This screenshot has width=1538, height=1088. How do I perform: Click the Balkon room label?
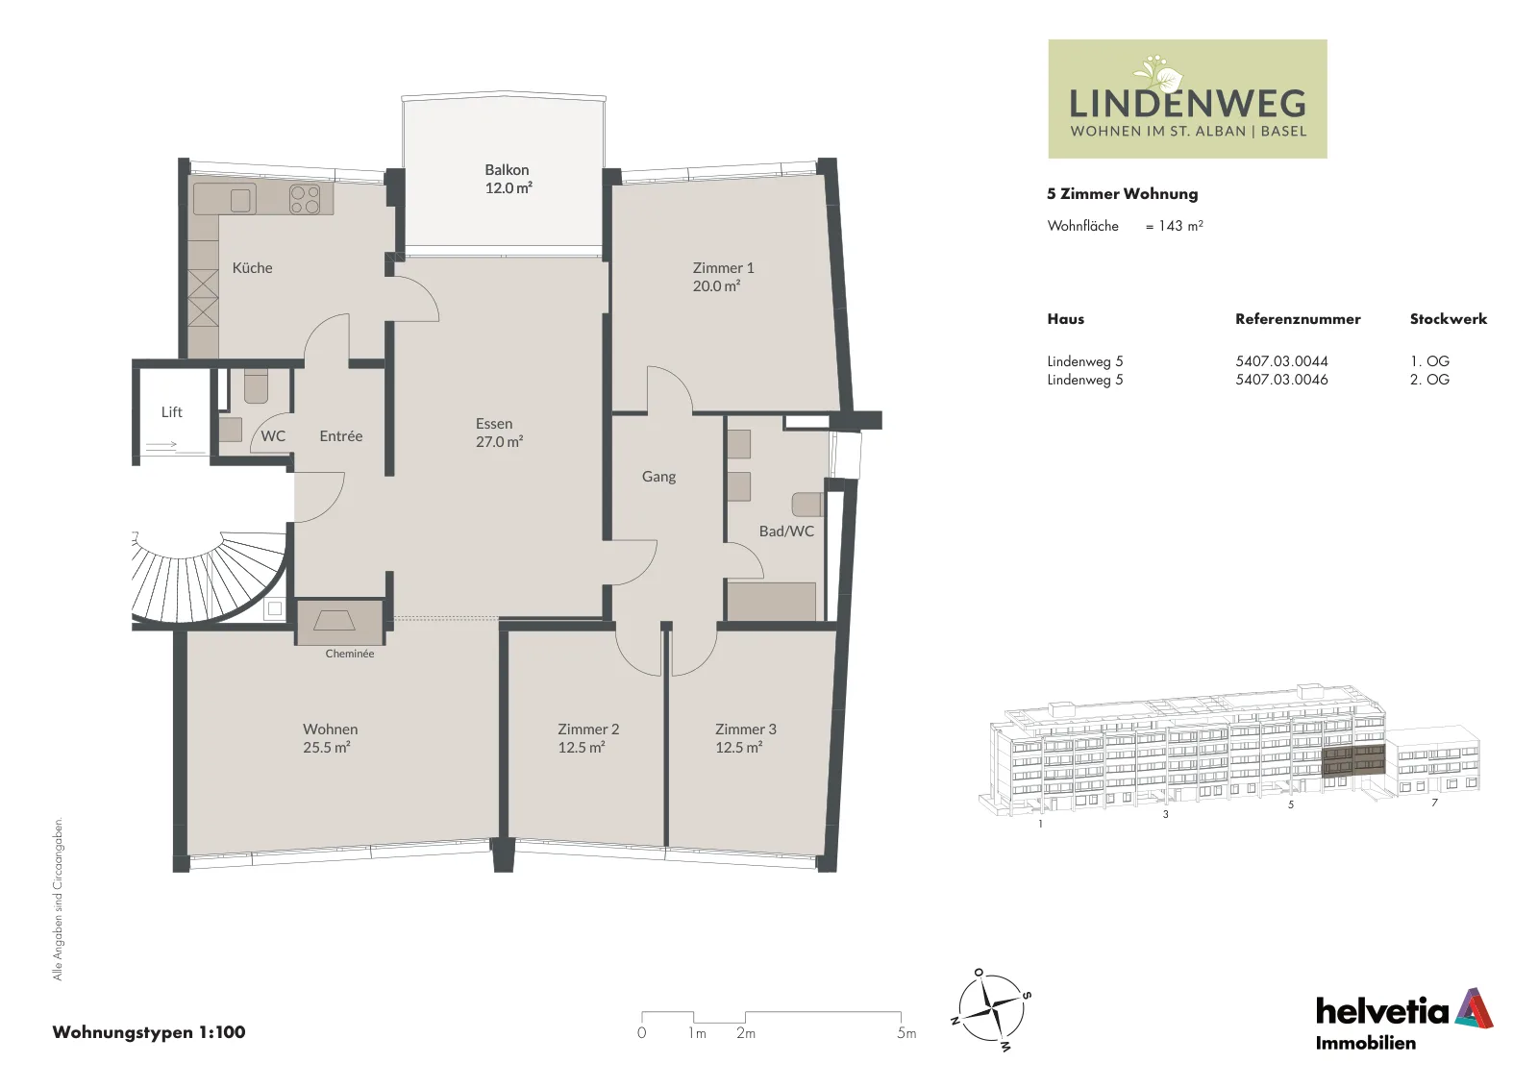(x=507, y=169)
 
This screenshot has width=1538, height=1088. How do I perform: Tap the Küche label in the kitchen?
(x=252, y=268)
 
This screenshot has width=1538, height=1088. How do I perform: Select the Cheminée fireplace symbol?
(x=335, y=621)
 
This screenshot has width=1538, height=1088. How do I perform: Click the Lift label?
(x=172, y=412)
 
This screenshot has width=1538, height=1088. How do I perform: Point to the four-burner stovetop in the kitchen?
(x=305, y=199)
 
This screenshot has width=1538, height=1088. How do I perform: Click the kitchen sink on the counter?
(x=240, y=201)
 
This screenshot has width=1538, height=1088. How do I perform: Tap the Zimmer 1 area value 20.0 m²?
(x=716, y=286)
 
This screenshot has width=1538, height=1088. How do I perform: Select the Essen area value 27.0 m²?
(x=499, y=442)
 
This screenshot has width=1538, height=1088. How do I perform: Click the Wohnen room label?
(x=331, y=729)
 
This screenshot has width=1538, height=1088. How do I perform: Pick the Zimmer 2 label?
(x=588, y=729)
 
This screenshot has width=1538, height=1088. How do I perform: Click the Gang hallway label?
(x=658, y=477)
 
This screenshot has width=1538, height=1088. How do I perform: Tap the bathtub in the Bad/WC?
(x=772, y=602)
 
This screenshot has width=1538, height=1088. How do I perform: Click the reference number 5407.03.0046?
(x=1281, y=380)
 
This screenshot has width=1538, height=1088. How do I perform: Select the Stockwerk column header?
(x=1448, y=318)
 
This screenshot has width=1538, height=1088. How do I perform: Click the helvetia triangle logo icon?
(x=1474, y=1008)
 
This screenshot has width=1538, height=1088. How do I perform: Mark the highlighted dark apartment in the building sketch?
(x=1353, y=760)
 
